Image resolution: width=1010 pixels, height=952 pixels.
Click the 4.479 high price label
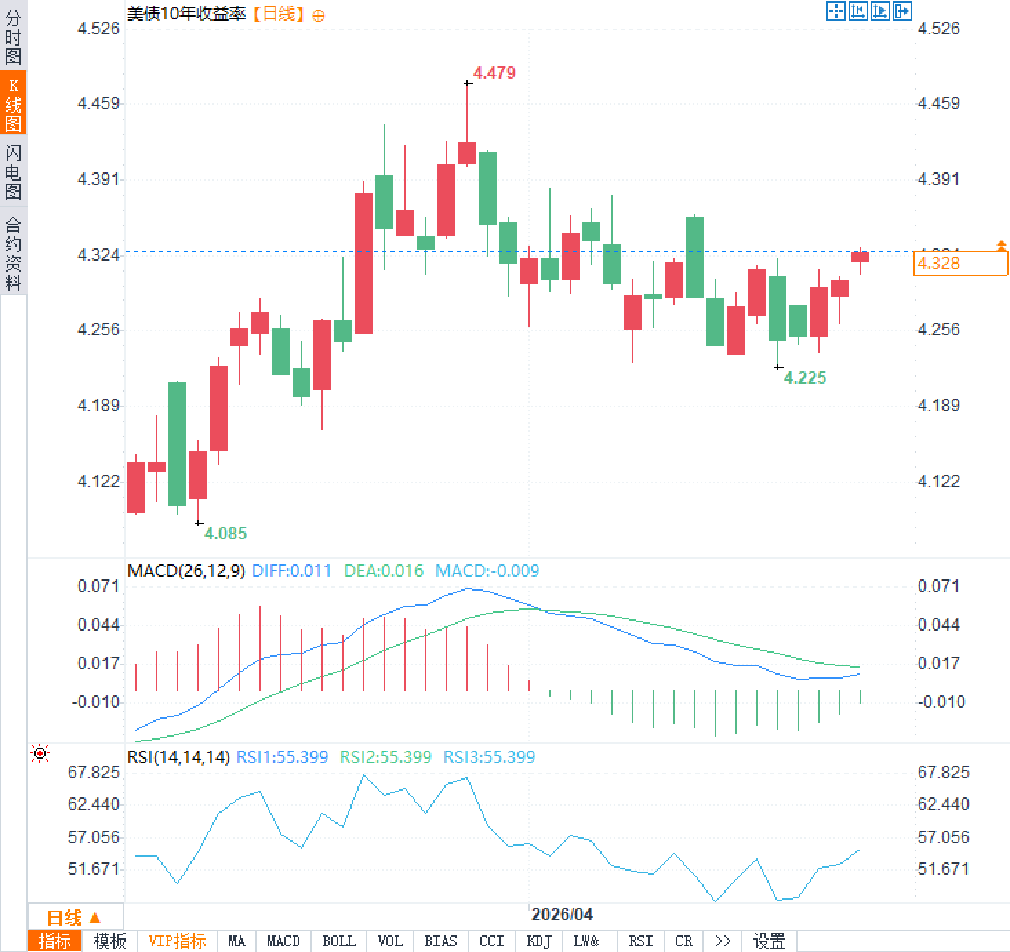[x=494, y=73]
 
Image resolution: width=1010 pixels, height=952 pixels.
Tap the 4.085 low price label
[x=225, y=533]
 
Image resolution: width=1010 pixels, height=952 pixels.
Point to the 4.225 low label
[x=804, y=377]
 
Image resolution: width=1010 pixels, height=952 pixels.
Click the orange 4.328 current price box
[x=960, y=264]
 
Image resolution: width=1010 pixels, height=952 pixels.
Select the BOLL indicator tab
[x=339, y=941]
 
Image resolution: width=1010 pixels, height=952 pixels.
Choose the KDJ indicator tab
[x=538, y=941]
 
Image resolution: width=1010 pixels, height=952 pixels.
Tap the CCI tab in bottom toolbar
[x=491, y=941]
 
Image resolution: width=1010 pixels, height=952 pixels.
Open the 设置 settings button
[x=769, y=941]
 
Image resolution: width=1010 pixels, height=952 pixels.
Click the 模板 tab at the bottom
[x=110, y=941]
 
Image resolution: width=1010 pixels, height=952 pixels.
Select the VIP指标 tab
[x=177, y=941]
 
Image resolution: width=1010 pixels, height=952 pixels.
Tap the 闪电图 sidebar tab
[x=13, y=172]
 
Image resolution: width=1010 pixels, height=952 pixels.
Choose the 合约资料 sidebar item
[x=13, y=253]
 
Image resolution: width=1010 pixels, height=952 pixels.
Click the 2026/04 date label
[x=562, y=914]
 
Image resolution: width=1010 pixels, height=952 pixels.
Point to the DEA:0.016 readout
[x=383, y=571]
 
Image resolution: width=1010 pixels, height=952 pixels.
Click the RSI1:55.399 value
[x=281, y=757]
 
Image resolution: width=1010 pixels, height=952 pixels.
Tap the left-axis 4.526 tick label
[x=98, y=28]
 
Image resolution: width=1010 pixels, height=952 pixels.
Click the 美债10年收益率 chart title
[x=186, y=14]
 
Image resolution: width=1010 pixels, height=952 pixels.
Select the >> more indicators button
[x=722, y=941]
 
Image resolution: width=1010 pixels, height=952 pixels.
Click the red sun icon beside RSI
[x=40, y=753]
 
